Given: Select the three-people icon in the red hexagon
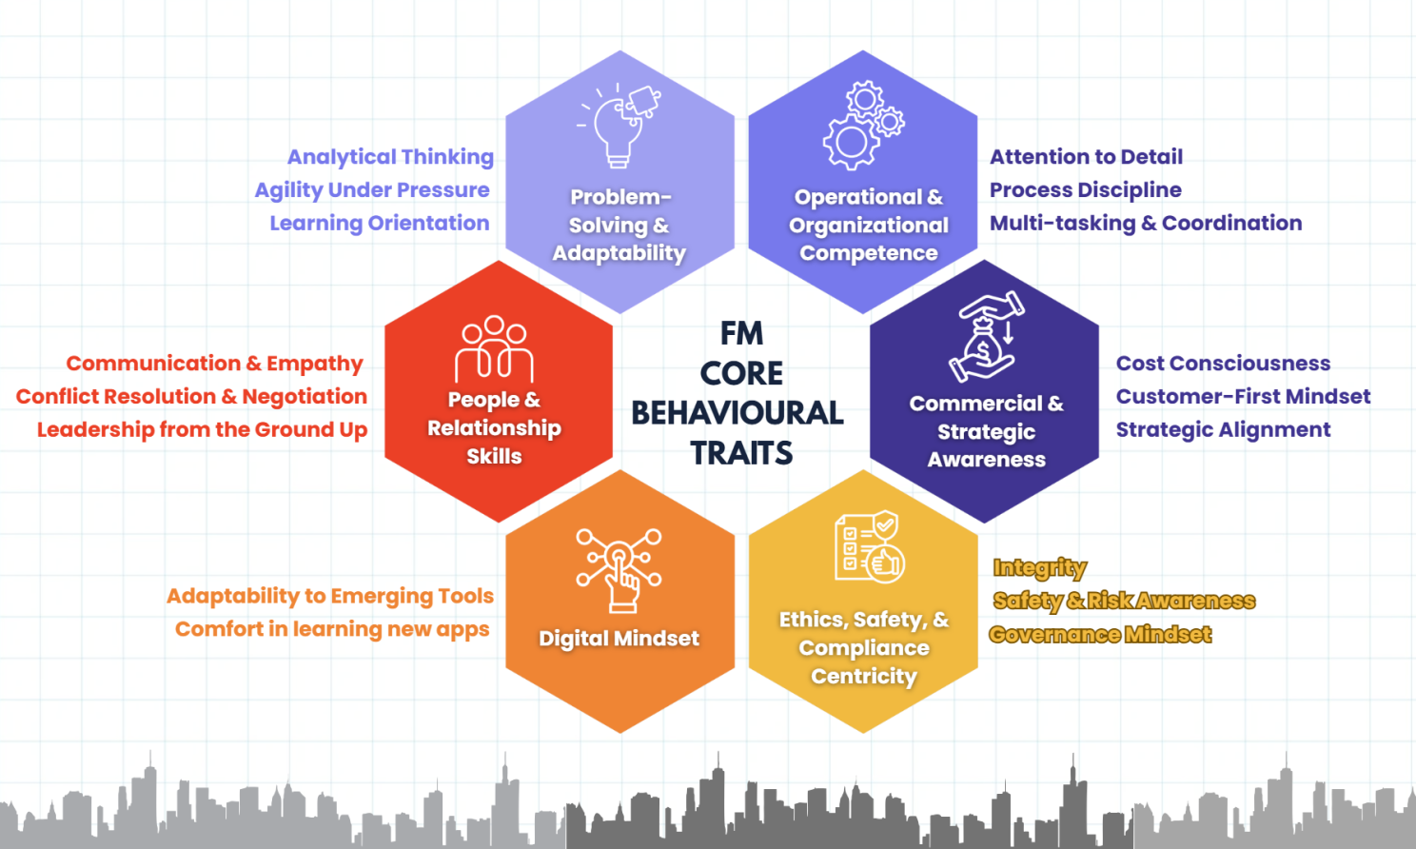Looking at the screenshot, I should [x=494, y=348].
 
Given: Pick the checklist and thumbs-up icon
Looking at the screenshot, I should [x=868, y=547].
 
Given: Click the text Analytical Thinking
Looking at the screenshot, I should [x=390, y=157].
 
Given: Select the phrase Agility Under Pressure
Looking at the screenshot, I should [x=372, y=190].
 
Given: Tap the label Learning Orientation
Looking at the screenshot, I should [x=379, y=224].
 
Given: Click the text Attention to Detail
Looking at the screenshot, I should [x=1086, y=157].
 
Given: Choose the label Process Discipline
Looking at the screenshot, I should [x=1085, y=190].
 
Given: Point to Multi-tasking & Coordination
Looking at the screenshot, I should [x=1146, y=224].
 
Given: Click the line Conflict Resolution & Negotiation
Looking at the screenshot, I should [x=191, y=397].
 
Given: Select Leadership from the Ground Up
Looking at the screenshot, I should [x=202, y=430].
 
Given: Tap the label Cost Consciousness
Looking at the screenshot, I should [x=1223, y=364].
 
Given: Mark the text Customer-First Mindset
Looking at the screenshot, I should [x=1243, y=397].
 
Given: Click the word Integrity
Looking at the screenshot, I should [x=1039, y=568].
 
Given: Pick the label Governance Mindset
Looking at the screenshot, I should [x=1100, y=635].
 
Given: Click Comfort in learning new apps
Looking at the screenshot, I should [x=332, y=630].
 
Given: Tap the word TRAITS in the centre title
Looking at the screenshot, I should [x=741, y=453].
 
